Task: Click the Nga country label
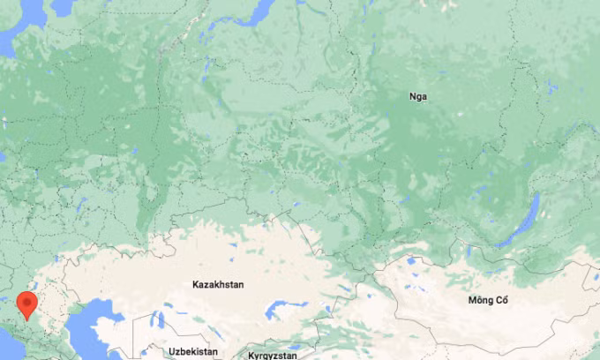point(418,96)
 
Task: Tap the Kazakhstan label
point(218,285)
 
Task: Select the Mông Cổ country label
point(489,301)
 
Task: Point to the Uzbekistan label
point(192,351)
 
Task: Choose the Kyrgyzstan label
point(273,355)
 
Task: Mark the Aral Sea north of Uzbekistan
point(159,319)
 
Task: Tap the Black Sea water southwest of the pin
point(7,332)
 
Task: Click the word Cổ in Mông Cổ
point(501,301)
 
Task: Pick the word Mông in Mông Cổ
point(482,301)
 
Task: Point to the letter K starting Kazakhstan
point(196,285)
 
